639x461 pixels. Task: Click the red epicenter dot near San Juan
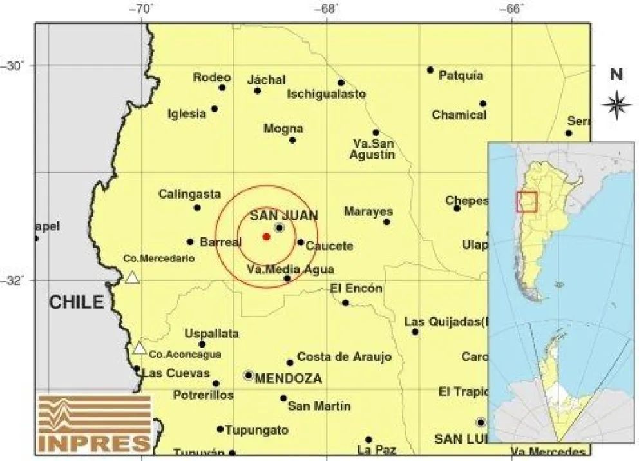click(x=266, y=237)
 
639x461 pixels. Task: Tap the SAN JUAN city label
click(x=283, y=215)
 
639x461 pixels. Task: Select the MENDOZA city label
click(x=288, y=379)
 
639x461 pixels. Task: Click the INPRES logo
click(x=94, y=423)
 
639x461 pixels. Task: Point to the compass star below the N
click(x=616, y=105)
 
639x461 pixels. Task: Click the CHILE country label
click(x=77, y=302)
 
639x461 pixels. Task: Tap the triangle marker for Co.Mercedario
click(x=132, y=278)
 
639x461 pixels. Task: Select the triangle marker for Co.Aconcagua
click(x=139, y=348)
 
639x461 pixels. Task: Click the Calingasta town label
click(x=189, y=194)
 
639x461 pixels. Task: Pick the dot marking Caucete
click(x=301, y=242)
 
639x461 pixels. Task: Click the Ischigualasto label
click(x=326, y=94)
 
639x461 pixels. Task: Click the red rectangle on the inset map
click(x=526, y=202)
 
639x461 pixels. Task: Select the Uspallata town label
click(x=211, y=334)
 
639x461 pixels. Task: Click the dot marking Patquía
click(x=430, y=70)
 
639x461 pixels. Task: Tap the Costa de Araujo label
click(x=335, y=357)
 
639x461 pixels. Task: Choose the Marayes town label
click(x=368, y=211)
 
